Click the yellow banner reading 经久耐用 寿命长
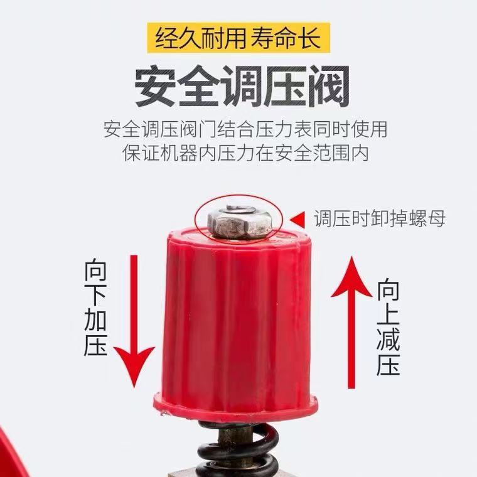click(x=238, y=38)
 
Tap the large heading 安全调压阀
click(x=242, y=86)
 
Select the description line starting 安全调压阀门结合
click(x=245, y=129)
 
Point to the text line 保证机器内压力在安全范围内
click(x=246, y=153)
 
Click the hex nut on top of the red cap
click(x=240, y=224)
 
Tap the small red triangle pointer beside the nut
click(x=298, y=219)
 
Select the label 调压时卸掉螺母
click(x=380, y=218)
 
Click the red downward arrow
click(x=134, y=321)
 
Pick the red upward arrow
click(x=351, y=322)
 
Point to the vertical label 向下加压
click(x=95, y=308)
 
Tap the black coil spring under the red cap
click(x=238, y=449)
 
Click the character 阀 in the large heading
click(x=329, y=86)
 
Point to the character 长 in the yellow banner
click(x=309, y=38)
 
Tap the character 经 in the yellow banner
click(x=167, y=38)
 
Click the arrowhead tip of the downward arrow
click(x=134, y=388)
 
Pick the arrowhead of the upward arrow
click(x=351, y=277)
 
